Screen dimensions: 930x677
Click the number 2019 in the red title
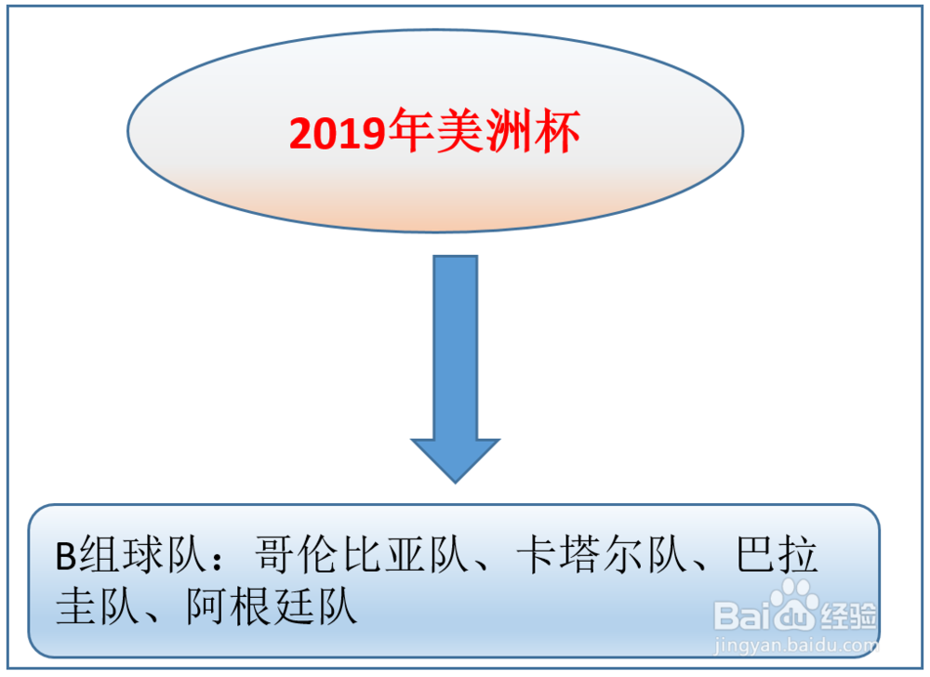coord(338,132)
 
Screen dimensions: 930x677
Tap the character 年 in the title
coord(410,130)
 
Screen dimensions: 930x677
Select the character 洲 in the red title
coord(509,130)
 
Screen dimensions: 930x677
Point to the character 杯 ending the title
coord(557,130)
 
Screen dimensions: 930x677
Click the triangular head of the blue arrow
coord(456,460)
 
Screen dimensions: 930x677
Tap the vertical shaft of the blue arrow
coord(456,348)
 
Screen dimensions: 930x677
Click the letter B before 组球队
coord(66,556)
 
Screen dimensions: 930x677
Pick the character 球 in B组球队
coord(144,555)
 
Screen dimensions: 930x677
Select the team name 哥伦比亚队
coord(363,555)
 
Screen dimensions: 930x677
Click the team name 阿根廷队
coord(272,606)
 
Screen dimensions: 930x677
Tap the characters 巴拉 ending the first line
coord(777,555)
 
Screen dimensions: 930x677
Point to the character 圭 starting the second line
coord(77,606)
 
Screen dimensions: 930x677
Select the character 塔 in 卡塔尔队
coord(580,555)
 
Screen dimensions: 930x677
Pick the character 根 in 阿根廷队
coord(251,606)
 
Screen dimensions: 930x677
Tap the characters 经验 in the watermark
coord(847,617)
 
